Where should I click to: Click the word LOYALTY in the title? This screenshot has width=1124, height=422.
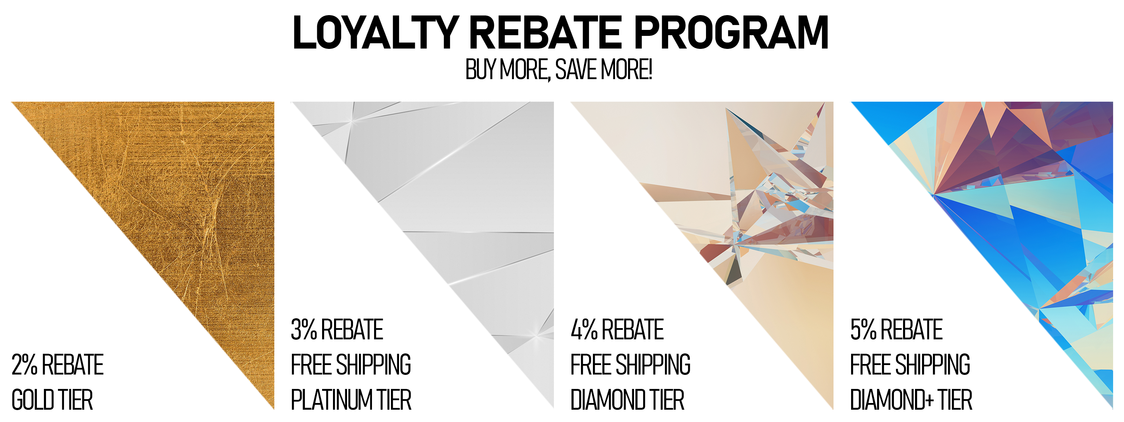pyautogui.click(x=375, y=32)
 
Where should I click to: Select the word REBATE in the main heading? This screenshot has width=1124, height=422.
pyautogui.click(x=545, y=32)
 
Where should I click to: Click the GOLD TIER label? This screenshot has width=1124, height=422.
pyautogui.click(x=52, y=400)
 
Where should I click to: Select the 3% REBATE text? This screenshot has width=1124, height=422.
pyautogui.click(x=337, y=330)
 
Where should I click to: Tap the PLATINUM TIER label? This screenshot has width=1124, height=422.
pyautogui.click(x=351, y=400)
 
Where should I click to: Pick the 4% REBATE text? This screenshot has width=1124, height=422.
pyautogui.click(x=617, y=330)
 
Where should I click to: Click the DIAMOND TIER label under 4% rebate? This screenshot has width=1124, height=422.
pyautogui.click(x=627, y=400)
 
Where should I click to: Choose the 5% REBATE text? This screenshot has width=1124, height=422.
pyautogui.click(x=897, y=330)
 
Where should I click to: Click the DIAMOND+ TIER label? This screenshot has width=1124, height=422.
pyautogui.click(x=911, y=400)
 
